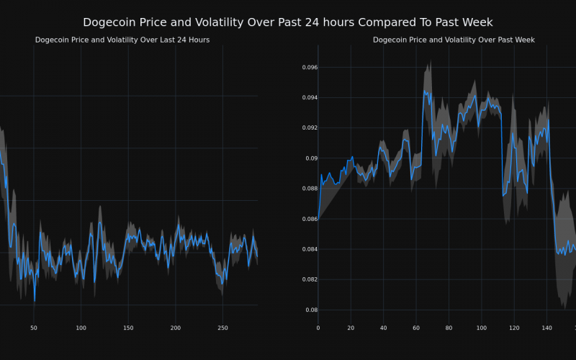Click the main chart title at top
click(x=288, y=22)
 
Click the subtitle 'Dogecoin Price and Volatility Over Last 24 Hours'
click(x=122, y=40)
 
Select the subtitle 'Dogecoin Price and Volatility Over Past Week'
click(x=454, y=40)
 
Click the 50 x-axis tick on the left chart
click(x=34, y=328)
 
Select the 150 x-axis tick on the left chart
click(x=128, y=328)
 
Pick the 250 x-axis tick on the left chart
click(x=222, y=328)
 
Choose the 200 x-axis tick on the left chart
click(x=176, y=328)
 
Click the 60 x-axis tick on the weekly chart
click(x=416, y=328)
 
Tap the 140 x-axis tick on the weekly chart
click(x=547, y=328)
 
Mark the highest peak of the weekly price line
click(x=425, y=91)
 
